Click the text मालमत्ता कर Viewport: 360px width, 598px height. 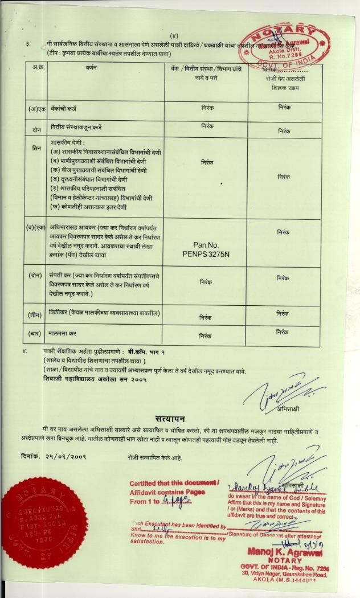pos(63,332)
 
